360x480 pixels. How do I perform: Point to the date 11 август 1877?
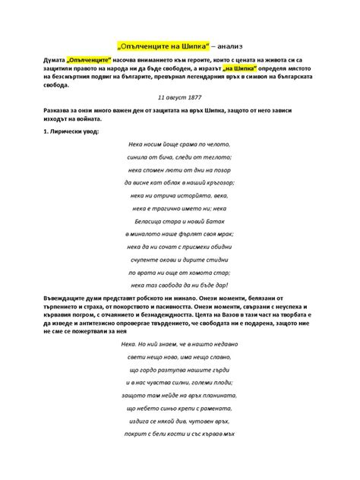[x=179, y=97]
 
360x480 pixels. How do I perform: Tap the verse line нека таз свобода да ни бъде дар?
[x=180, y=285]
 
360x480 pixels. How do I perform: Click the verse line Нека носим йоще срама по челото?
[x=180, y=144]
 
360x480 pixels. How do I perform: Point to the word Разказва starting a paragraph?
[x=61, y=111]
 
